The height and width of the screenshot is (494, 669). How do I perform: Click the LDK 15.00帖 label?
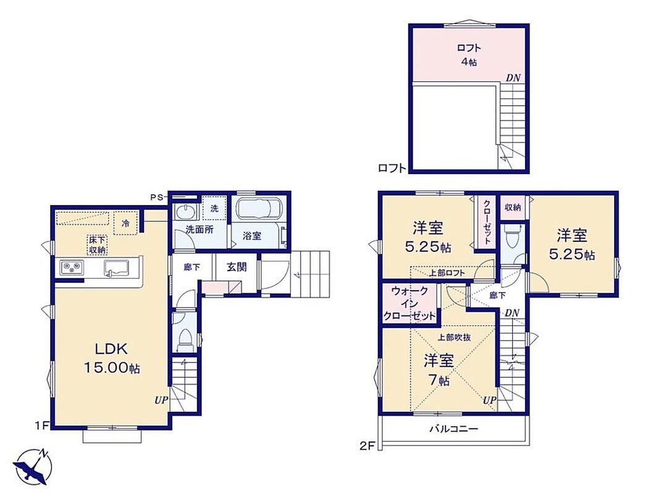pyautogui.click(x=111, y=358)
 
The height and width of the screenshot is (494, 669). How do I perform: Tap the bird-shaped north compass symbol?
pyautogui.click(x=32, y=467)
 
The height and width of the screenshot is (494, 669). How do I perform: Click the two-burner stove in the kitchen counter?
pyautogui.click(x=71, y=267)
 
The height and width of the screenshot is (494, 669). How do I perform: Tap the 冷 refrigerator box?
pyautogui.click(x=125, y=223)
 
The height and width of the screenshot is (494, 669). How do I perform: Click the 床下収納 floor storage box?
pyautogui.click(x=97, y=245)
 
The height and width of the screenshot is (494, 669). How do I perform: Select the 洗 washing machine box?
pyautogui.click(x=214, y=208)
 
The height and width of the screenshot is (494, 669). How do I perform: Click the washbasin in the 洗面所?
pyautogui.click(x=185, y=212)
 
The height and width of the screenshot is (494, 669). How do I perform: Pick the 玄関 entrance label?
pyautogui.click(x=237, y=267)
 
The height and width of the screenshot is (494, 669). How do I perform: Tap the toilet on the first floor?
pyautogui.click(x=185, y=338)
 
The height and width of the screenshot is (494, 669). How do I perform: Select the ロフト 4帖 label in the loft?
pyautogui.click(x=468, y=55)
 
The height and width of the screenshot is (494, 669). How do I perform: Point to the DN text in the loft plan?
pyautogui.click(x=513, y=78)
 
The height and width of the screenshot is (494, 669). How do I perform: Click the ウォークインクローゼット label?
pyautogui.click(x=410, y=303)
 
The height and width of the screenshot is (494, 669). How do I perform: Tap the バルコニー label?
pyautogui.click(x=453, y=429)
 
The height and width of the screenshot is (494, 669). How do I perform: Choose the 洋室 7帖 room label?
pyautogui.click(x=438, y=370)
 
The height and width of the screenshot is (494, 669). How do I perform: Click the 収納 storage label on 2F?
pyautogui.click(x=513, y=207)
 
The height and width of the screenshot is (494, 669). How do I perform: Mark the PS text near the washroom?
pyautogui.click(x=156, y=197)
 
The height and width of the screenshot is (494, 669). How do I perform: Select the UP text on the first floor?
pyautogui.click(x=161, y=400)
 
